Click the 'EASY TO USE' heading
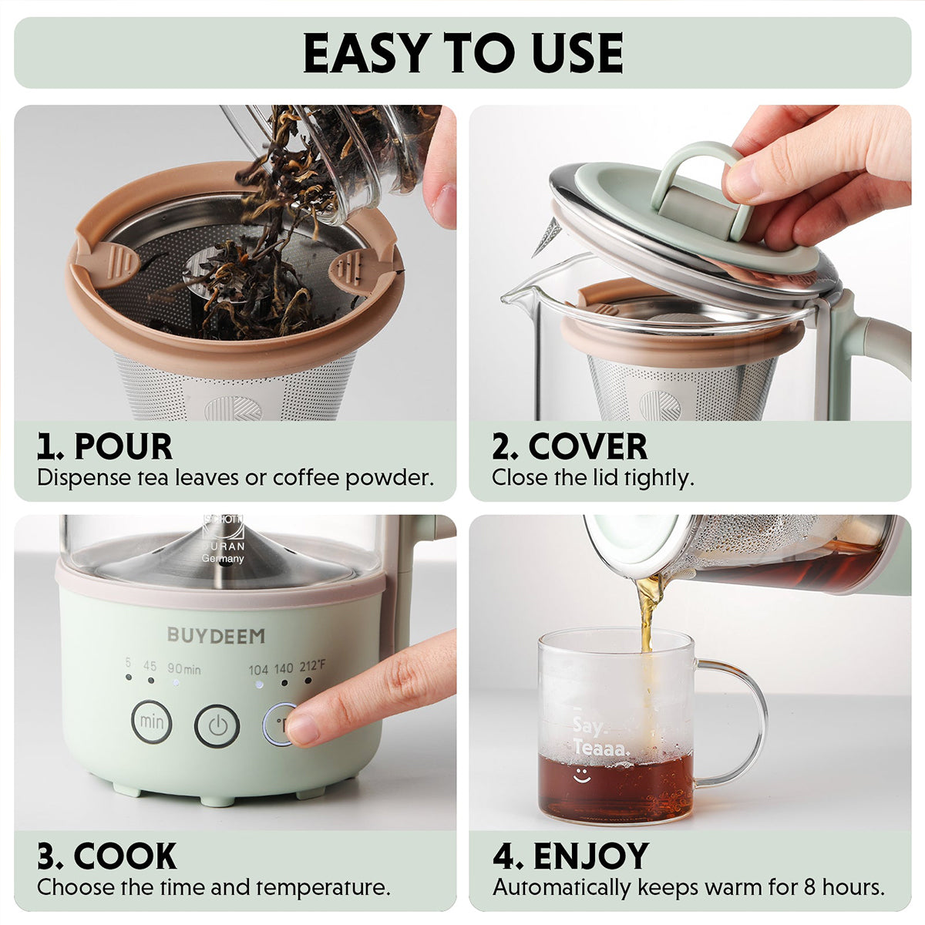click(x=462, y=52)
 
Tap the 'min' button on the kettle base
click(x=151, y=722)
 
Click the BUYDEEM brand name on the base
click(x=216, y=636)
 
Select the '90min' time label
click(x=184, y=669)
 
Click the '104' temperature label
click(x=258, y=669)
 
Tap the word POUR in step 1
click(x=123, y=447)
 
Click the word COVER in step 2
click(x=587, y=447)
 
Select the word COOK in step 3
click(x=126, y=856)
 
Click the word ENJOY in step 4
click(x=591, y=856)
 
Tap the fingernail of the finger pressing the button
click(x=303, y=728)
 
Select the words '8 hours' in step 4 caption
click(x=845, y=887)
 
